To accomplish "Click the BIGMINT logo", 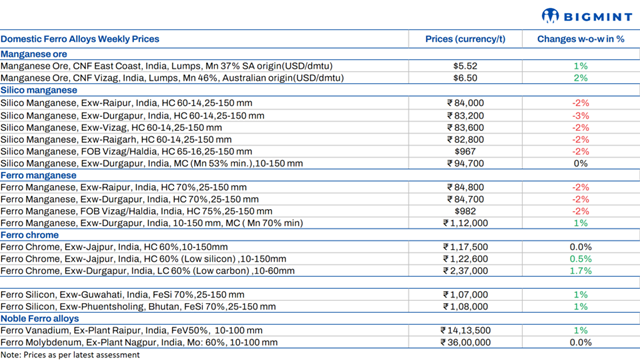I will pyautogui.click(x=585, y=15).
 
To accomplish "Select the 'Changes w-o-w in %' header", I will pyautogui.click(x=580, y=39).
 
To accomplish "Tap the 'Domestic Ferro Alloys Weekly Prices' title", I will pyautogui.click(x=84, y=39).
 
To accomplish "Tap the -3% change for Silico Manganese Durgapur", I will pyautogui.click(x=580, y=114).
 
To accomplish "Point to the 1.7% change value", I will pyautogui.click(x=580, y=270).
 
